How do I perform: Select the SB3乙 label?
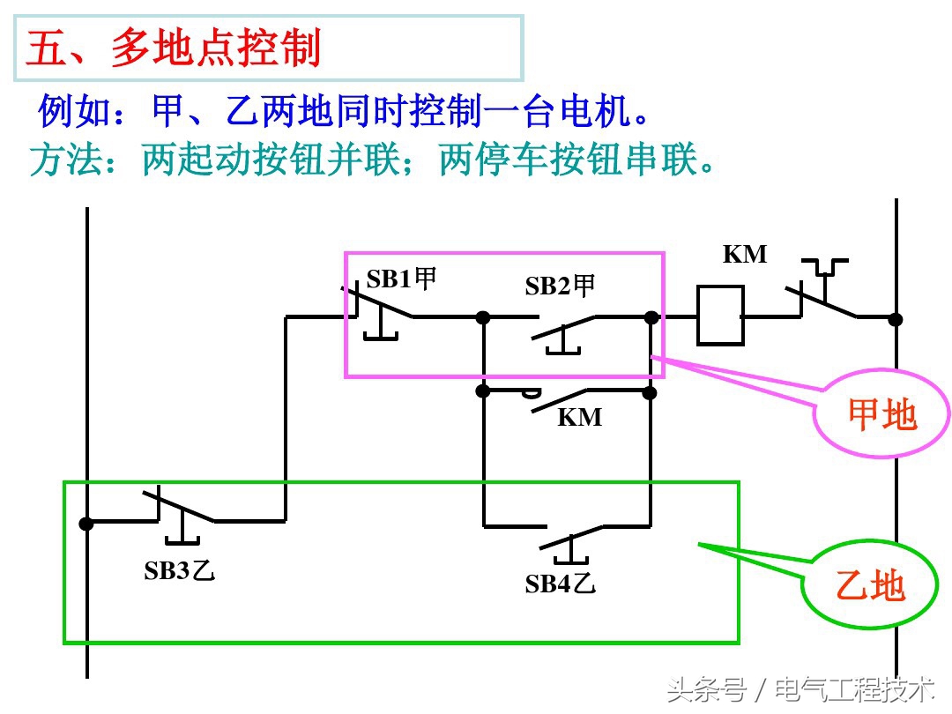pos(180,570)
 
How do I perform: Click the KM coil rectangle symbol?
pos(720,315)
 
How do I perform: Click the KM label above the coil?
pos(745,255)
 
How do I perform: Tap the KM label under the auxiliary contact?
pos(580,417)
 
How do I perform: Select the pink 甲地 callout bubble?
pos(881,414)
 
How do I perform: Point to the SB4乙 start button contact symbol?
pos(571,538)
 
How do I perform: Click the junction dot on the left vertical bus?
pos(86,523)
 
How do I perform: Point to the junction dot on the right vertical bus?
pos(896,318)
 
